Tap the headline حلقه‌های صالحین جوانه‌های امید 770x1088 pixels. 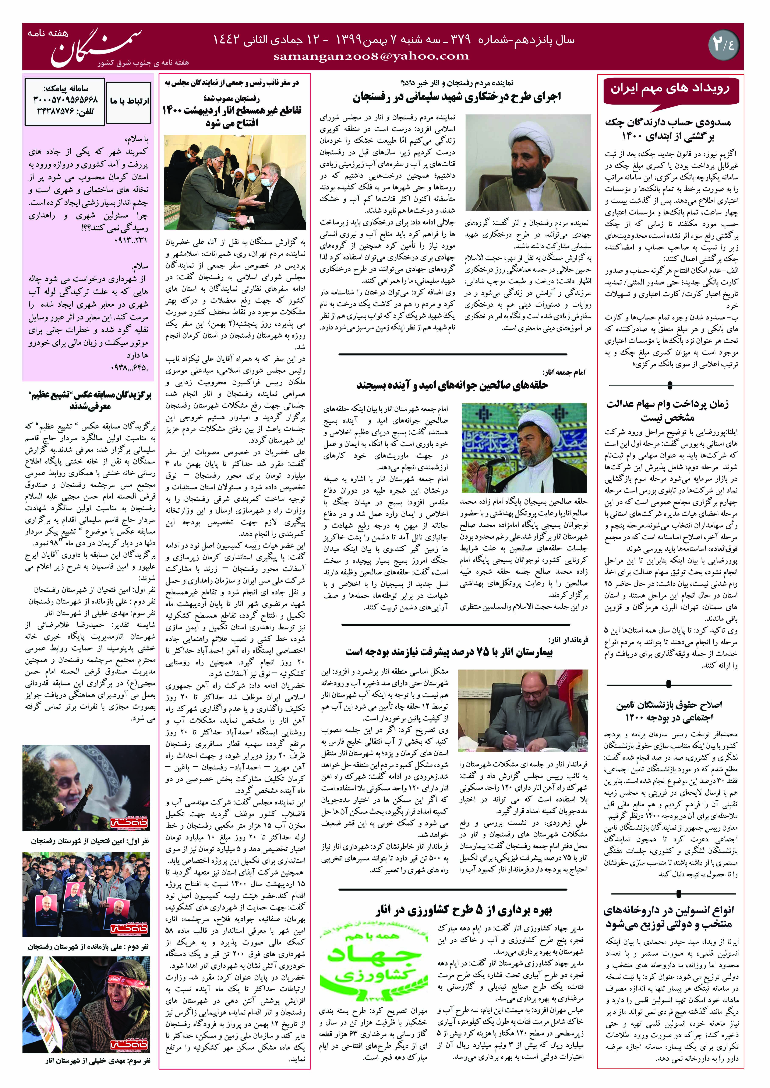452,385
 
